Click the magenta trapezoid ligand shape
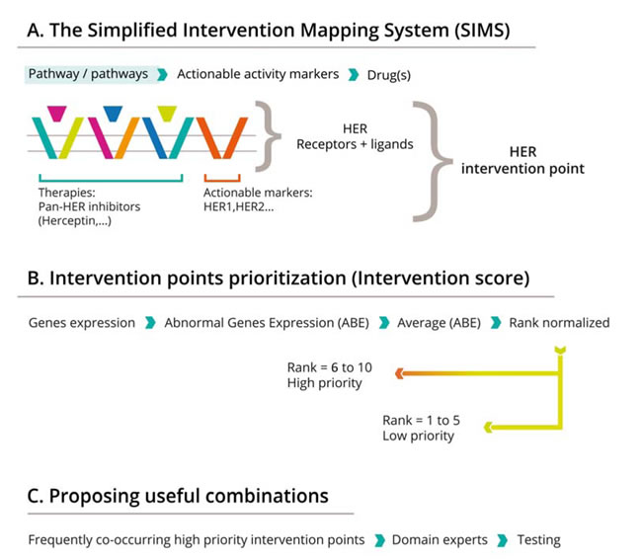click(57, 114)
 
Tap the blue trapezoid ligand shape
click(113, 114)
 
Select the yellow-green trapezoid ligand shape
click(167, 114)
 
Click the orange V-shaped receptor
click(222, 137)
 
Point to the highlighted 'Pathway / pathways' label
click(88, 74)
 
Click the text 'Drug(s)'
click(388, 75)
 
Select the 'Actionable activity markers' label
click(258, 74)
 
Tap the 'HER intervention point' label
click(522, 160)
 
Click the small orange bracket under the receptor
click(222, 180)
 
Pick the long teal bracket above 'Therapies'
click(111, 180)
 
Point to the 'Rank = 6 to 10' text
click(330, 367)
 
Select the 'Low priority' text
click(419, 436)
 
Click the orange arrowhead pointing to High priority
click(400, 373)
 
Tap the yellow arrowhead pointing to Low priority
click(489, 428)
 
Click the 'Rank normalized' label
click(559, 323)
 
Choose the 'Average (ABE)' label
click(439, 323)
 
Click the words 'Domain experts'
click(440, 540)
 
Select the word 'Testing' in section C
click(538, 540)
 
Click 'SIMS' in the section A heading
click(482, 31)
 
